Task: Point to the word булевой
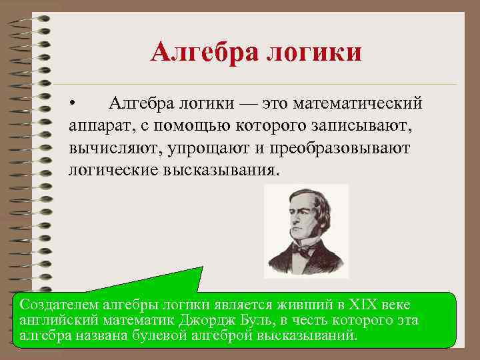coord(170,335)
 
